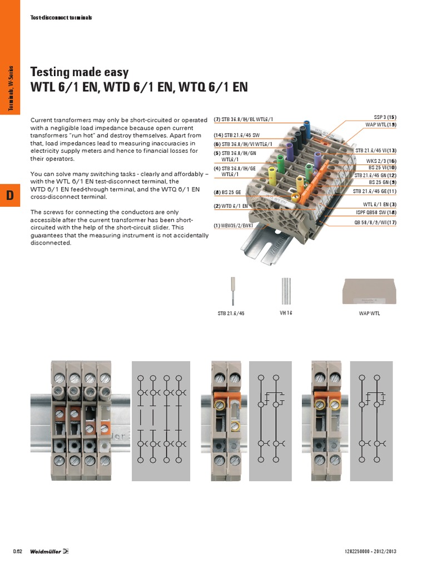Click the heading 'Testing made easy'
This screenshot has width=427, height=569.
[80, 72]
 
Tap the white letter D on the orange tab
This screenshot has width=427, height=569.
[9, 196]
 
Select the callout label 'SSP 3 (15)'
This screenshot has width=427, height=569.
[385, 118]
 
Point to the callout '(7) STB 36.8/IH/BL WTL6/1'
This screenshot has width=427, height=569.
[244, 119]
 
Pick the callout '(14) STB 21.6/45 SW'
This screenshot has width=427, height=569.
[236, 136]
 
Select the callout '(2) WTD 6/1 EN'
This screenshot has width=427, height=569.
[231, 206]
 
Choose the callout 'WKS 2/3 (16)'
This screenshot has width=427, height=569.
[381, 161]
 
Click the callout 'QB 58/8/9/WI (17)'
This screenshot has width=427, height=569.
[376, 223]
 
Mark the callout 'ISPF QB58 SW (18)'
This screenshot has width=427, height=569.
[376, 212]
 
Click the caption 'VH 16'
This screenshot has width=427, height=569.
[286, 313]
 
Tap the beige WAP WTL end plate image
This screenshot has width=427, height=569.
[369, 291]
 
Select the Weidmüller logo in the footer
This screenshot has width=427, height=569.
[49, 551]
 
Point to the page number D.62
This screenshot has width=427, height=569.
[17, 551]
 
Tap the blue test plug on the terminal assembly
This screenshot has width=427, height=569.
[306, 127]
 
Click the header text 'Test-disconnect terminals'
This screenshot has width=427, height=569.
[61, 18]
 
